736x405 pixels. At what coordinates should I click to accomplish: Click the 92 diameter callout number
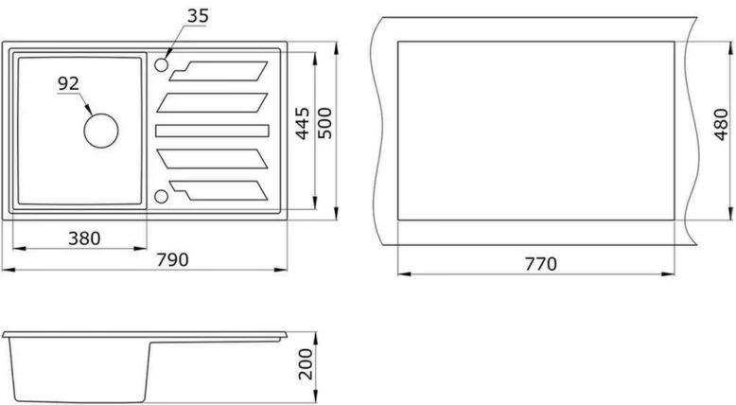pos(68,83)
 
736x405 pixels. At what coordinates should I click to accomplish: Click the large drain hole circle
pos(100,129)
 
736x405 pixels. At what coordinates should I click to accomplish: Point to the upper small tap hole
pos(161,64)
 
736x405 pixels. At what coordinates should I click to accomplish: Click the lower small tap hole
pos(161,196)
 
